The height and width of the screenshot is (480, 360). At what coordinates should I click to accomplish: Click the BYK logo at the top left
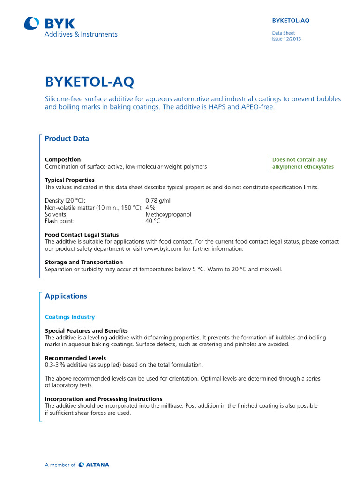[50, 23]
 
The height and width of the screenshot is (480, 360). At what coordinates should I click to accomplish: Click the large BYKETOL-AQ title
[90, 82]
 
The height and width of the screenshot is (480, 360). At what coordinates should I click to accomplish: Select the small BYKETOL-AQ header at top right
[291, 21]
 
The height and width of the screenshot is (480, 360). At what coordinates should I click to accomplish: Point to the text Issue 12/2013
[286, 39]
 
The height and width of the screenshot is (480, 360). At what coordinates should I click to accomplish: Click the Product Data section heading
[67, 139]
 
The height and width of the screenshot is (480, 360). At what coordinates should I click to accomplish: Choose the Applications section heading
[66, 296]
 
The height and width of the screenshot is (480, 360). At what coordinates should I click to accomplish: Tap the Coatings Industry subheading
[70, 317]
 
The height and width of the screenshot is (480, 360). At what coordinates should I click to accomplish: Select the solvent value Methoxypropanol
[168, 214]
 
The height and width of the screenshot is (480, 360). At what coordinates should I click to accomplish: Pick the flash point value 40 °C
[153, 221]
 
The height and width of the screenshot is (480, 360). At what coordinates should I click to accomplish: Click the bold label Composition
[63, 159]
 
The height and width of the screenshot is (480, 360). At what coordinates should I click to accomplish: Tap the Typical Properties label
[69, 180]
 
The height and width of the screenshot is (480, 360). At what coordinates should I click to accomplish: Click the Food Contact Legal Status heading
[82, 235]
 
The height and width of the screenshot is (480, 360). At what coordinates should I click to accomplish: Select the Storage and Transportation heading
[84, 262]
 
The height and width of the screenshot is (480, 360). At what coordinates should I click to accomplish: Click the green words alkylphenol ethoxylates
[303, 167]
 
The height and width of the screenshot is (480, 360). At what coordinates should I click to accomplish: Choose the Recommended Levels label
[75, 358]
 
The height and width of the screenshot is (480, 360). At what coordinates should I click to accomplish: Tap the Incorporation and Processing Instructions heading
[104, 399]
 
